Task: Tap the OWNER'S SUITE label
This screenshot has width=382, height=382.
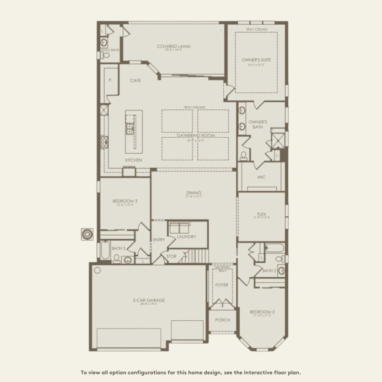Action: tap(256, 60)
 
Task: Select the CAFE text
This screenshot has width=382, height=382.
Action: tap(135, 81)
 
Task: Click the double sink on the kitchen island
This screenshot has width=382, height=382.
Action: tap(129, 129)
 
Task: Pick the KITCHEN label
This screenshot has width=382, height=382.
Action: tap(134, 160)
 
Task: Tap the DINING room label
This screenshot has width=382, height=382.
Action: tap(194, 193)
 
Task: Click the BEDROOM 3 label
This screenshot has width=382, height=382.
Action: tap(125, 201)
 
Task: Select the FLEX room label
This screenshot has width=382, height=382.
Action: tap(262, 214)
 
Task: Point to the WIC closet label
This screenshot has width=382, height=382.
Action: tap(261, 177)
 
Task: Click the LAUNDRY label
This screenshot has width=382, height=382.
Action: tap(186, 237)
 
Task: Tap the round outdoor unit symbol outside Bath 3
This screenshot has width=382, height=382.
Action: tap(87, 234)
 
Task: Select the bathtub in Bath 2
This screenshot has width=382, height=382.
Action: tap(274, 248)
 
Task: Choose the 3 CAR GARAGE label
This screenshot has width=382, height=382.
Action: tap(149, 301)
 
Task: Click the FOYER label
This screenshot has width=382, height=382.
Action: tap(222, 285)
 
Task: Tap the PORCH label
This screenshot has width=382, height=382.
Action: tap(222, 320)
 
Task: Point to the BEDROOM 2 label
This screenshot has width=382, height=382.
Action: tap(263, 312)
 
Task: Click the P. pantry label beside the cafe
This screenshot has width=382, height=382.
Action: tap(111, 81)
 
